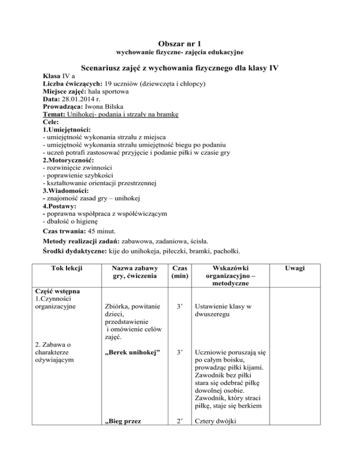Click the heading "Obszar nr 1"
(180, 44)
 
